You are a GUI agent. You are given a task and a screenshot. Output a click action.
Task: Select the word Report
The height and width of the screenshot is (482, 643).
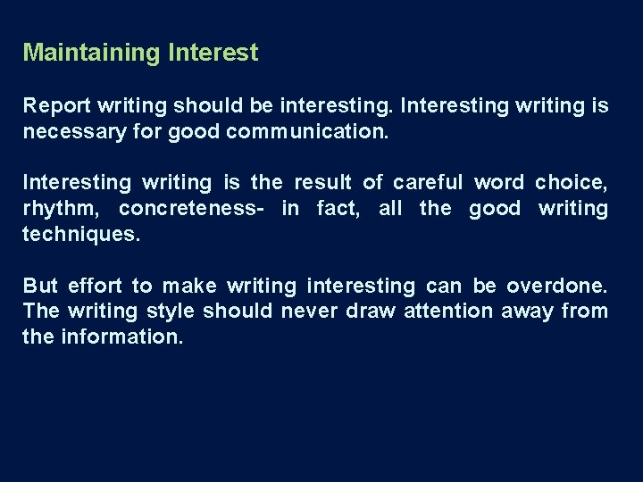click(x=56, y=106)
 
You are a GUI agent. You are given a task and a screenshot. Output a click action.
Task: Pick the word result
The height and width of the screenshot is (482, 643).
click(x=321, y=183)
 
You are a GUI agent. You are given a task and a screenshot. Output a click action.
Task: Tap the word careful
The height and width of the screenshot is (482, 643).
click(x=428, y=183)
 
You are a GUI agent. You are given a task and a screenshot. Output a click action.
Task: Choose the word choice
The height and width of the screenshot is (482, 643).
click(x=572, y=183)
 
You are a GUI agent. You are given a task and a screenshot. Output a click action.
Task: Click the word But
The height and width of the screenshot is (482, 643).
click(x=40, y=287)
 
